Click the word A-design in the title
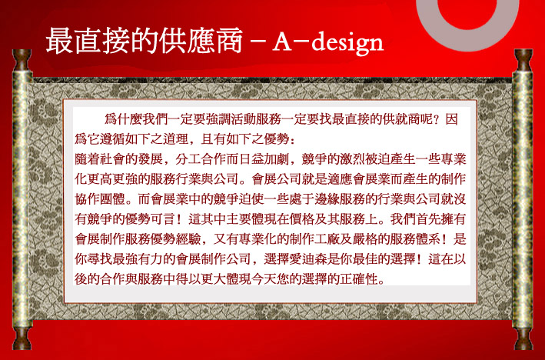point(327,43)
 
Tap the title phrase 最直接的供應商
point(144,40)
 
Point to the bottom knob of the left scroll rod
point(22,338)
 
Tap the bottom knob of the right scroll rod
point(523,338)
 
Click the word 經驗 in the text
point(188,239)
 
